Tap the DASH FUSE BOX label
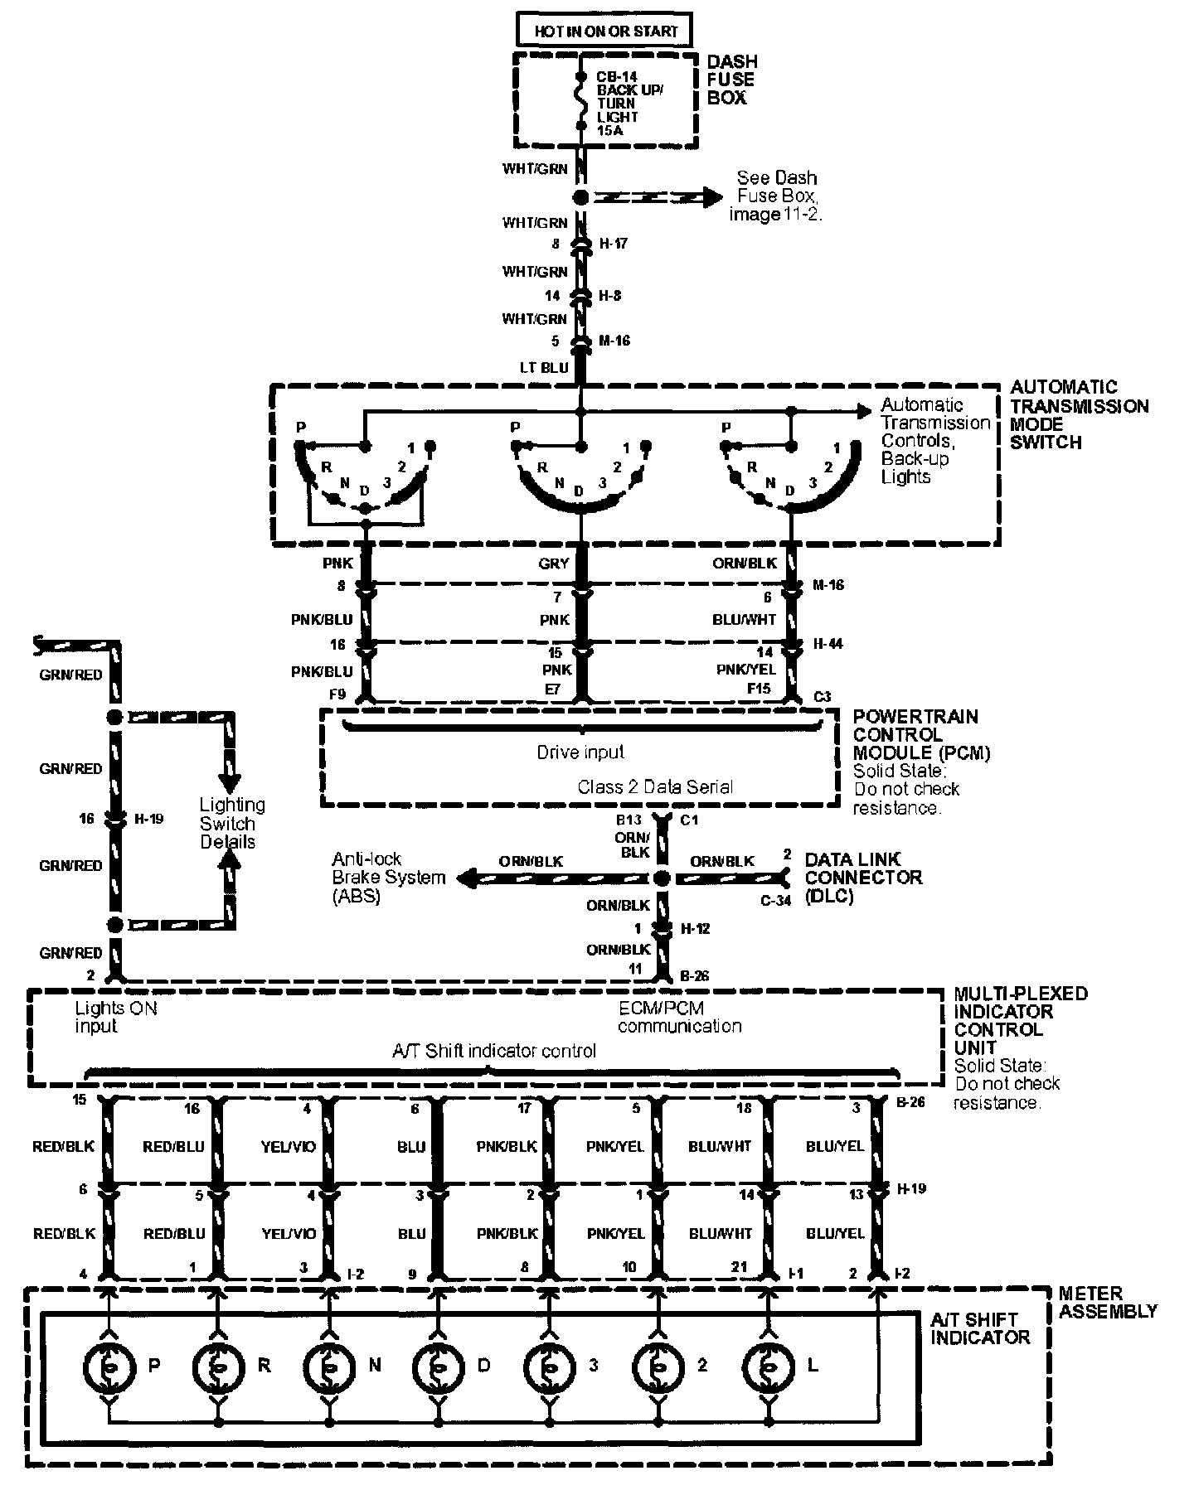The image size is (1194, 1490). click(731, 80)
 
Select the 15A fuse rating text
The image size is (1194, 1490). click(609, 130)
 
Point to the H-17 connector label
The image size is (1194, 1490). click(613, 244)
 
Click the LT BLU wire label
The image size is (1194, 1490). click(544, 366)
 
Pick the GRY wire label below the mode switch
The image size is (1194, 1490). click(554, 564)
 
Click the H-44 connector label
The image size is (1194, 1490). click(828, 643)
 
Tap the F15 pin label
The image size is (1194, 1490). click(758, 688)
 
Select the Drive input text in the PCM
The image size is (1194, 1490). click(580, 752)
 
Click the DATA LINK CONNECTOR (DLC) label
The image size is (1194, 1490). click(862, 878)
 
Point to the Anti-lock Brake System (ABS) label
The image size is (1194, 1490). click(388, 878)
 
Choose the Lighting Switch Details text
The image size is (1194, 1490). click(232, 823)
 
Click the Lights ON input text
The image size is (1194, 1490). click(115, 1017)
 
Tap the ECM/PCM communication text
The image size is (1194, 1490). click(679, 1017)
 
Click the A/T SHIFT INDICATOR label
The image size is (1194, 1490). click(979, 1328)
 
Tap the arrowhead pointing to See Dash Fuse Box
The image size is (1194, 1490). click(709, 197)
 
